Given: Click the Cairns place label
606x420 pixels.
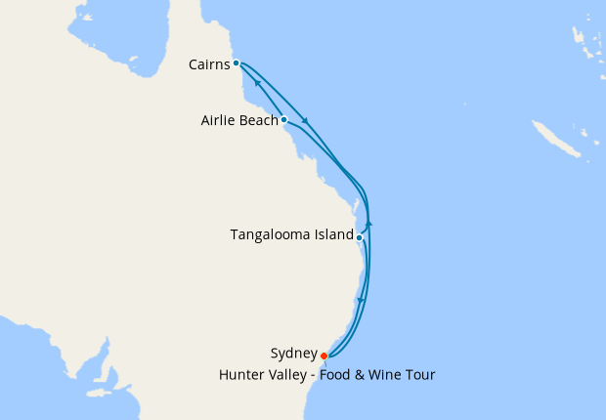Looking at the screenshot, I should tap(208, 64).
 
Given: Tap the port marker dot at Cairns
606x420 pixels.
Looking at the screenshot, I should tap(237, 63).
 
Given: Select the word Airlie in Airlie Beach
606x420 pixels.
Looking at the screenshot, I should tap(217, 121).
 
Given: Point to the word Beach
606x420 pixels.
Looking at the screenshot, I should tap(258, 121).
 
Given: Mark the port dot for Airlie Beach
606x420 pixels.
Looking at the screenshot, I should tap(283, 120).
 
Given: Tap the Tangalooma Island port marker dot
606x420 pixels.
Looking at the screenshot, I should tap(360, 237).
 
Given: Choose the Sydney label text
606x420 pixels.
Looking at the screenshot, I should tap(293, 354).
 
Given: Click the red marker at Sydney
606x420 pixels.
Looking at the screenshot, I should tap(324, 357).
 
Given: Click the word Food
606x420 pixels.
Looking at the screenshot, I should tap(338, 374).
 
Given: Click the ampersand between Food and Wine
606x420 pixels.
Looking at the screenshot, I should tap(362, 374).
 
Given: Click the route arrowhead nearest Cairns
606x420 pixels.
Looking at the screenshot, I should tap(258, 84).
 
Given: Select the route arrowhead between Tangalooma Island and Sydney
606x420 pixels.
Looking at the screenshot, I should tap(362, 300).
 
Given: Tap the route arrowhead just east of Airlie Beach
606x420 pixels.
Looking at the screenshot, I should tap(307, 121).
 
